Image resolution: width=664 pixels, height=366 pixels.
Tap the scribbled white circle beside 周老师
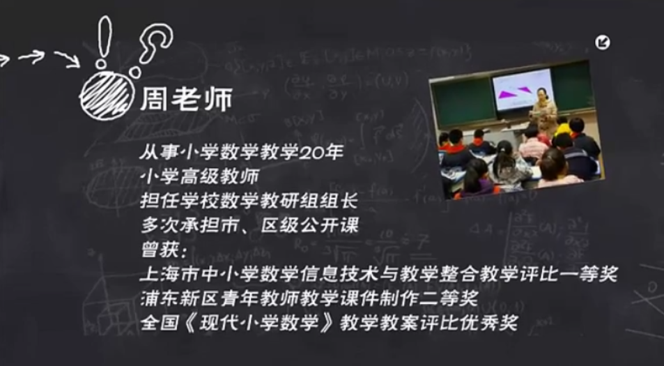106,96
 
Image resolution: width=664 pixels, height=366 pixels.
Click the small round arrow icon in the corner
603,43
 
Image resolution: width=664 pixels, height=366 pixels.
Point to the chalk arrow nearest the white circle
68,59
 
